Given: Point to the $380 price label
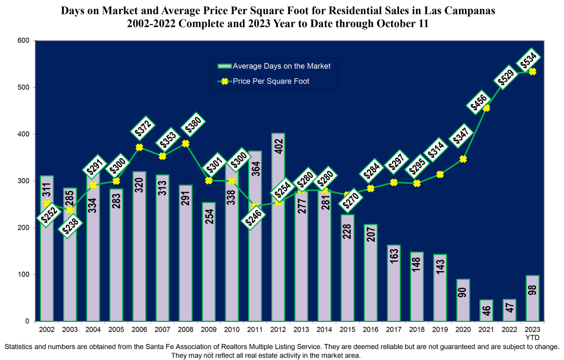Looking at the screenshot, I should [x=193, y=125].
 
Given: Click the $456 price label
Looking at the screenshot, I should [x=479, y=102].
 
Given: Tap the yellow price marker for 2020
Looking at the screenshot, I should [x=463, y=159].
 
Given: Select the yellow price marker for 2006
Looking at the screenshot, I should [x=139, y=147].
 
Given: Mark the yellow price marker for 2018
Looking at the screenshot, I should [x=417, y=183].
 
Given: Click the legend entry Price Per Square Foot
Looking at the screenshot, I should [x=271, y=81].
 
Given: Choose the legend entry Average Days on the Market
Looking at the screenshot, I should [x=281, y=66].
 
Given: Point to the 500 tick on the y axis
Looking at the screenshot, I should [x=24, y=87].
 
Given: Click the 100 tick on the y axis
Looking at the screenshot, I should [x=24, y=275].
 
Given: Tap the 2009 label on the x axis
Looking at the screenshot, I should [x=209, y=329].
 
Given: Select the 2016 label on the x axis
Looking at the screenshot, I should [x=371, y=329].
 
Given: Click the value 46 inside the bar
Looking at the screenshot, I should [x=487, y=311].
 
